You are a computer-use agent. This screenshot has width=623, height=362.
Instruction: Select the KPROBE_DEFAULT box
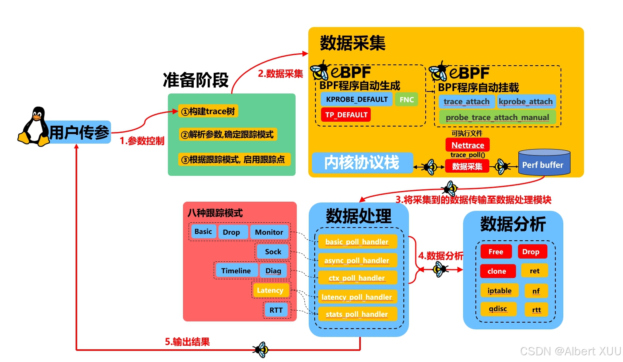coord(356,99)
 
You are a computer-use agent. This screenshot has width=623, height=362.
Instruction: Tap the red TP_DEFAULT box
coord(346,115)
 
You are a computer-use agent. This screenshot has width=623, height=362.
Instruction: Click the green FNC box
coord(407,99)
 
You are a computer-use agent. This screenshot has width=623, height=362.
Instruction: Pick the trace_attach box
coord(467,102)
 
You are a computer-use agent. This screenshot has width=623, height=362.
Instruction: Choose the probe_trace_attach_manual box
coord(497,117)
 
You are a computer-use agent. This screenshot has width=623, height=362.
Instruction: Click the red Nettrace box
coord(467,145)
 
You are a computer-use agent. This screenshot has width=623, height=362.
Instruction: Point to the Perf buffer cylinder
coord(544,163)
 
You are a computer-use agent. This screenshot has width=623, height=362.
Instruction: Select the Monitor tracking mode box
coord(269,232)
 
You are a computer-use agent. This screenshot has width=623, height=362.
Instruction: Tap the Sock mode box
coord(273,251)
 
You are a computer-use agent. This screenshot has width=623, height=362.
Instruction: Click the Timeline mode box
coord(236,271)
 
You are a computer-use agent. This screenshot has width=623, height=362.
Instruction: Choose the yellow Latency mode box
coord(270,290)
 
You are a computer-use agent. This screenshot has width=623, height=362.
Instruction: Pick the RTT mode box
coord(276,310)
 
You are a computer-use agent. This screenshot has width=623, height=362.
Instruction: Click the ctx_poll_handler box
coord(357,278)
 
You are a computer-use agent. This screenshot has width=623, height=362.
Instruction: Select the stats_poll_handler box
coord(357,314)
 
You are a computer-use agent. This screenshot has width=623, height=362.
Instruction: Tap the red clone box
coord(497,271)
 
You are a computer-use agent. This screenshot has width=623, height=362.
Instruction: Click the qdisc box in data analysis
coord(498,309)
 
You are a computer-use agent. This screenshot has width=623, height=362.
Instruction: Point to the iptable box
coord(499,290)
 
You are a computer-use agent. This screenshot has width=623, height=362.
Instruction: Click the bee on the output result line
coord(261,350)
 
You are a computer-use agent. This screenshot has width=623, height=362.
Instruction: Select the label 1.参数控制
coord(142,141)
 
